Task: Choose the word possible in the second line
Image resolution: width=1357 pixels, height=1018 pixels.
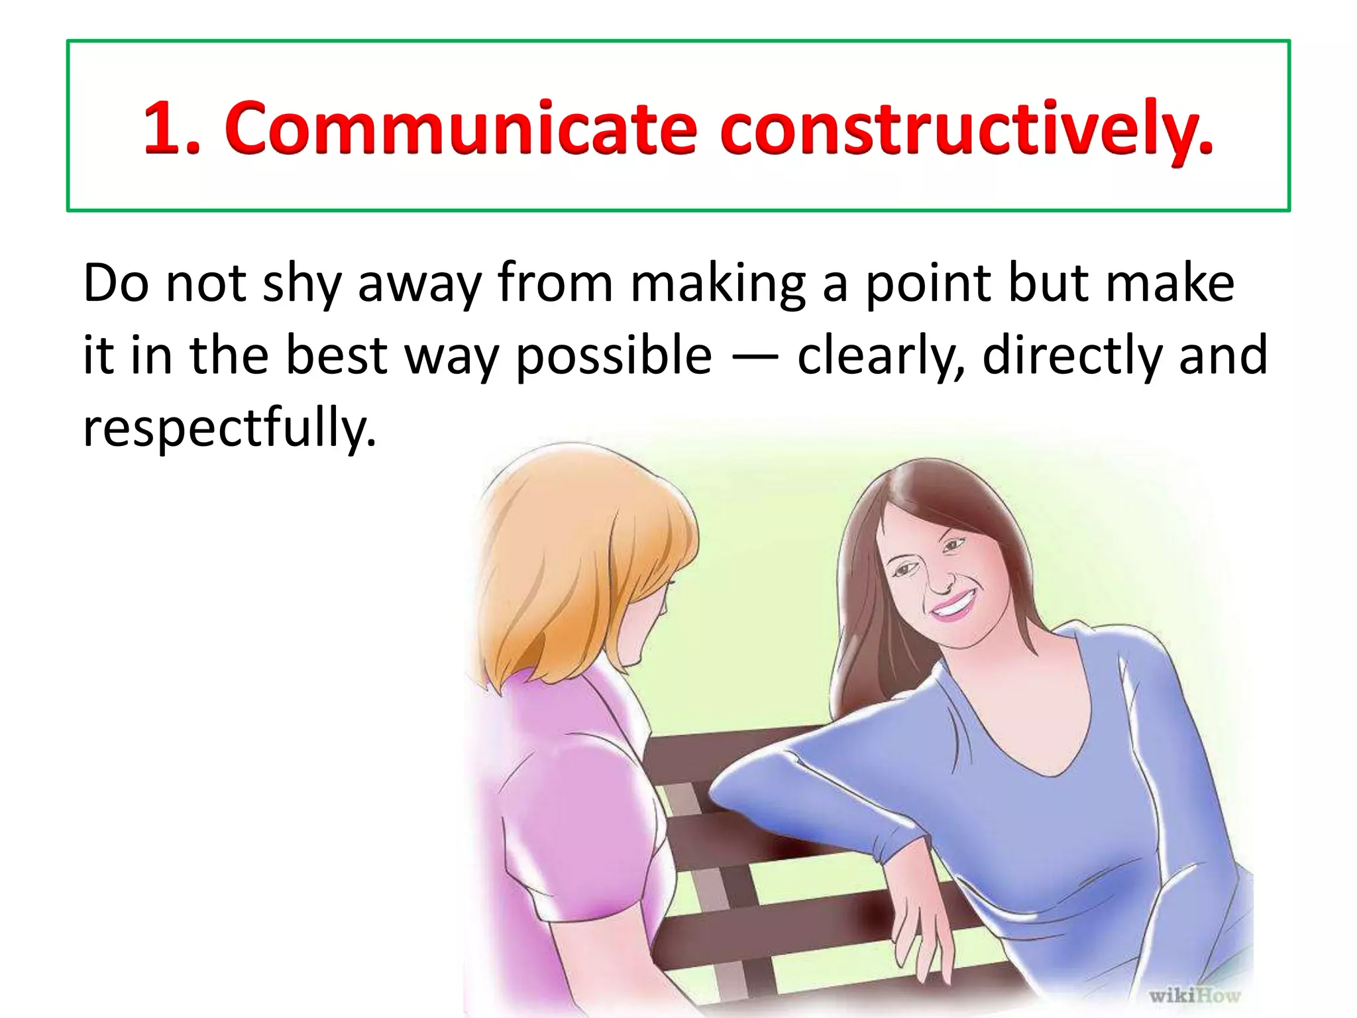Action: [x=614, y=357]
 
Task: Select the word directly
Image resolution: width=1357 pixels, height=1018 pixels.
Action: [x=1072, y=357]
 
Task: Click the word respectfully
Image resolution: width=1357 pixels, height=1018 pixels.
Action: [x=229, y=428]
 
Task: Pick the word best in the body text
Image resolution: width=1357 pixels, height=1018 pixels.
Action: [x=336, y=355]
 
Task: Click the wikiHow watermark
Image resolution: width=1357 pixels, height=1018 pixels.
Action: [x=1195, y=995]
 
